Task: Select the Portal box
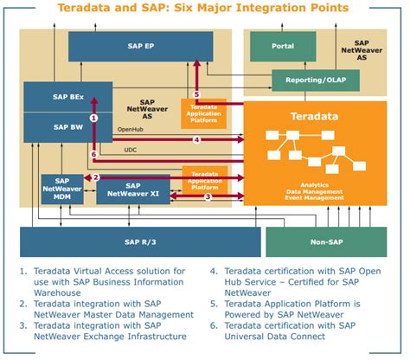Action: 282,46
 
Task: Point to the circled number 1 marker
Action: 94,117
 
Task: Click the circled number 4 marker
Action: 197,139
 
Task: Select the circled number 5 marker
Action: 196,94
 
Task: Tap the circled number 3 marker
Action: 208,196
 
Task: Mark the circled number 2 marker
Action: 96,178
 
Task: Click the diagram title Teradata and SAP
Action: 204,9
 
